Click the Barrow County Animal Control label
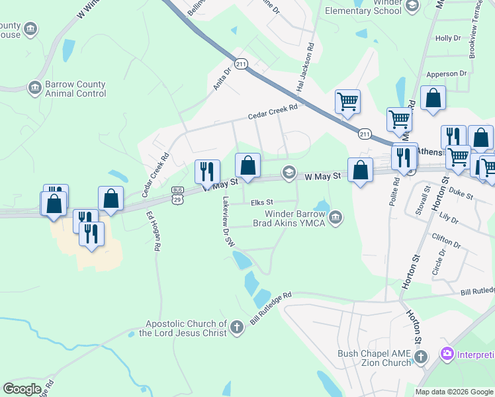(x=75, y=89)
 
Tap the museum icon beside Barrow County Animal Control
(x=34, y=88)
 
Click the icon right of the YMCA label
(x=336, y=217)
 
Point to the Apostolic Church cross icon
(x=237, y=326)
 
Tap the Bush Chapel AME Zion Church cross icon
(x=421, y=358)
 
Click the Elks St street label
(x=261, y=202)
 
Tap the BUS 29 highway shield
(x=177, y=194)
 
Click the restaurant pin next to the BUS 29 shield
(x=206, y=171)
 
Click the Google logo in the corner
(x=22, y=389)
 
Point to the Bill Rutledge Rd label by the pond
(x=271, y=310)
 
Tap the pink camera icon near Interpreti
(x=447, y=354)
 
